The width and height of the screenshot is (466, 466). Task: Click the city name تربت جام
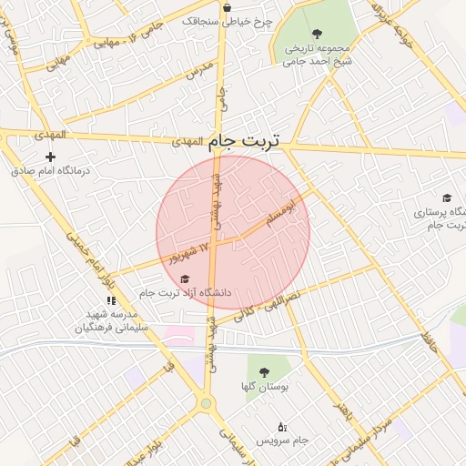coord(244,141)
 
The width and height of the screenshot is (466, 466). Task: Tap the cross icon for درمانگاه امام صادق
coord(50,157)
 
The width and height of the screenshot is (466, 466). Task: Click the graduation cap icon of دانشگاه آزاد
coord(186,279)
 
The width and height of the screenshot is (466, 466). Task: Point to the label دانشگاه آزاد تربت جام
coord(187,293)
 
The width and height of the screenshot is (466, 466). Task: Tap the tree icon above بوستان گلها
coord(265,372)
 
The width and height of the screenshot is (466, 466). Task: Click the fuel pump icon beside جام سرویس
coord(281,426)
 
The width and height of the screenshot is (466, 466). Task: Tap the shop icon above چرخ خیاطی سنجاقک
coord(226,7)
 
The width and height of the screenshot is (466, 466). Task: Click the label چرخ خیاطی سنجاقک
coord(228,19)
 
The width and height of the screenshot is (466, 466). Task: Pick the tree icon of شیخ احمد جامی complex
coord(317,34)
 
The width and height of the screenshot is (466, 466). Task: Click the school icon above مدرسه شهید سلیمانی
coord(111,300)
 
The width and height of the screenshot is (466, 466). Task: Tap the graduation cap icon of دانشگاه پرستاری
coord(447,198)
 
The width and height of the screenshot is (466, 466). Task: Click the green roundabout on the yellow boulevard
coord(207,403)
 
